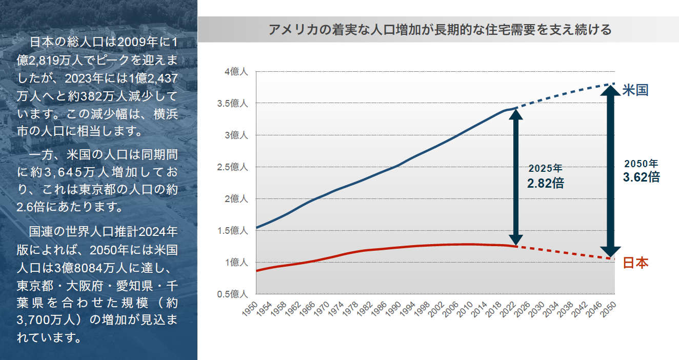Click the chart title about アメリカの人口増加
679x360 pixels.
coord(440,29)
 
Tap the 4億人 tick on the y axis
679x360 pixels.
coord(237,72)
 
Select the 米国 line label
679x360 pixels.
coord(635,90)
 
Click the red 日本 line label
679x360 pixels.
coord(635,263)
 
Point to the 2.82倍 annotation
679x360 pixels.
coord(546,183)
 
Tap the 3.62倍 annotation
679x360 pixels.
coord(641,177)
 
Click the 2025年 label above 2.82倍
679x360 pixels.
coord(546,168)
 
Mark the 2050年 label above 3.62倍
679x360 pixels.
coord(641,164)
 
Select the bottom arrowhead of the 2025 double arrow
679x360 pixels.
coord(516,239)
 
